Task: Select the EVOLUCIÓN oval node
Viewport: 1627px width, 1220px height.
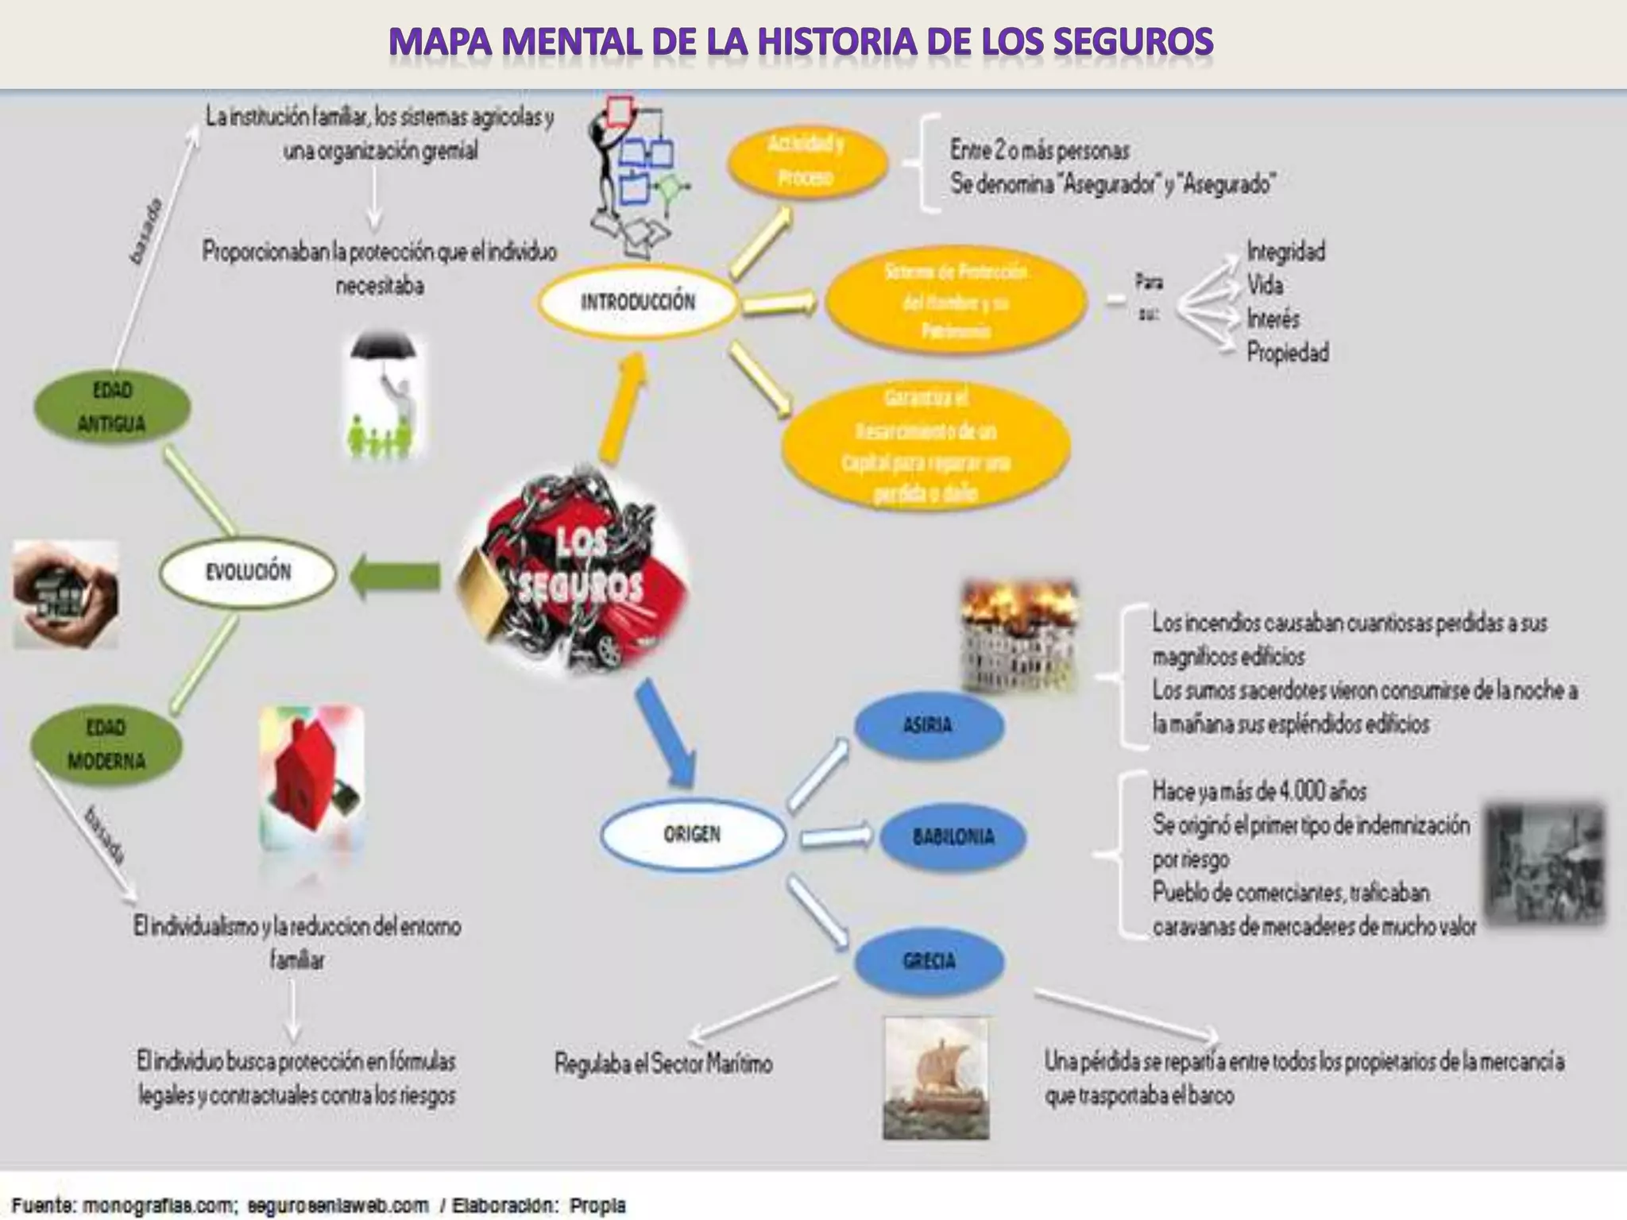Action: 248,572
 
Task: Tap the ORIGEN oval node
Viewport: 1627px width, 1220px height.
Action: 692,835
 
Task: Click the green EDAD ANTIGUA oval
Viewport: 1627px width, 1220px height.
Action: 111,407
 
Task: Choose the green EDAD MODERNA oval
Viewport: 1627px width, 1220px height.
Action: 106,745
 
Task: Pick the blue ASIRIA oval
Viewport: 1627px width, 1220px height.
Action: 928,725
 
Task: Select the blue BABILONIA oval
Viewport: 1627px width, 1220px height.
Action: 953,837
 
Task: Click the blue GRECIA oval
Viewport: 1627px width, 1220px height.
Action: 929,962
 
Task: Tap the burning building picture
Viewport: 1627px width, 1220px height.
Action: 1019,635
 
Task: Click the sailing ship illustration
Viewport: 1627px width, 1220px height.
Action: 937,1078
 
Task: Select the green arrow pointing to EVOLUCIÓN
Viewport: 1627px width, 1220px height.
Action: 395,576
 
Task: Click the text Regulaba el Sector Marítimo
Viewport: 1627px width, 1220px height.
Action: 663,1064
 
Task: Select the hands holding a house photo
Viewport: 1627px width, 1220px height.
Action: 66,594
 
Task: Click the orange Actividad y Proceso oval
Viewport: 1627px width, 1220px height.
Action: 806,161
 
